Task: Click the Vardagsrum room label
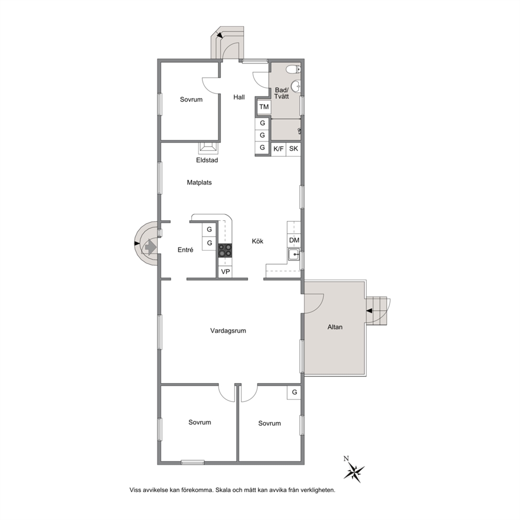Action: point(228,331)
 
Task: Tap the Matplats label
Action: point(199,182)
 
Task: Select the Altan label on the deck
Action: point(335,327)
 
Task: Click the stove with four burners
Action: point(225,251)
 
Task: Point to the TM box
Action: point(264,107)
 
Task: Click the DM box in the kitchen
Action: point(294,240)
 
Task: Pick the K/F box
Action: point(278,149)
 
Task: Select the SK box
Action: point(294,149)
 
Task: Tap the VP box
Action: point(225,272)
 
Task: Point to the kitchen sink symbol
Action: point(294,255)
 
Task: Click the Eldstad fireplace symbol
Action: point(209,148)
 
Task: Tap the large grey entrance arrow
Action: point(150,247)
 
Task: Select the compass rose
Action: point(354,471)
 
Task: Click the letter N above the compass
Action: point(346,459)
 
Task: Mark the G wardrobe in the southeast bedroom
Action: point(294,393)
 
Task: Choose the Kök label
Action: point(257,241)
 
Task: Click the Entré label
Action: point(186,250)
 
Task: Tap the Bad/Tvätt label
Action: point(281,93)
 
